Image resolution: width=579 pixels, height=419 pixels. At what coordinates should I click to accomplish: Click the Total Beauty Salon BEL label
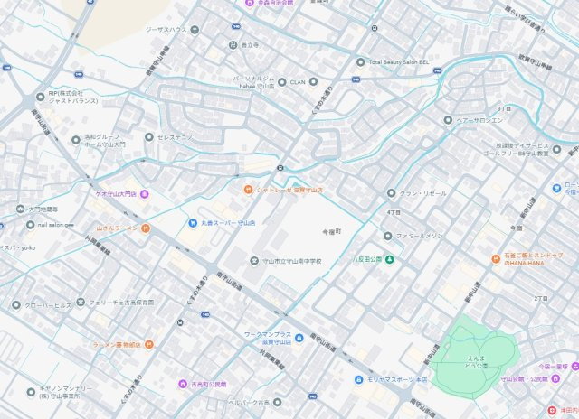point(403,62)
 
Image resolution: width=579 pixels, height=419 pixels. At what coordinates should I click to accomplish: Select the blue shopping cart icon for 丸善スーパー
point(193,222)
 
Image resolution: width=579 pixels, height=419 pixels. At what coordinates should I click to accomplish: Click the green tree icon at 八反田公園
point(390,260)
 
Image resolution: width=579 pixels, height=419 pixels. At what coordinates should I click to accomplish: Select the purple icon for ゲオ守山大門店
point(145,194)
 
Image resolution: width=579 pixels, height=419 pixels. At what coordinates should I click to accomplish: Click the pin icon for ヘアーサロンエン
point(447,119)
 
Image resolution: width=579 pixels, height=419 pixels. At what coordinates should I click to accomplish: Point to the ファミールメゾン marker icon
point(390,236)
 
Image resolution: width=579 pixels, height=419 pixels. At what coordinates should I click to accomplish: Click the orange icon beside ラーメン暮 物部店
point(149,344)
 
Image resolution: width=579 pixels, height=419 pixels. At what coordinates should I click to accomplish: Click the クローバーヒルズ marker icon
point(16,305)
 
